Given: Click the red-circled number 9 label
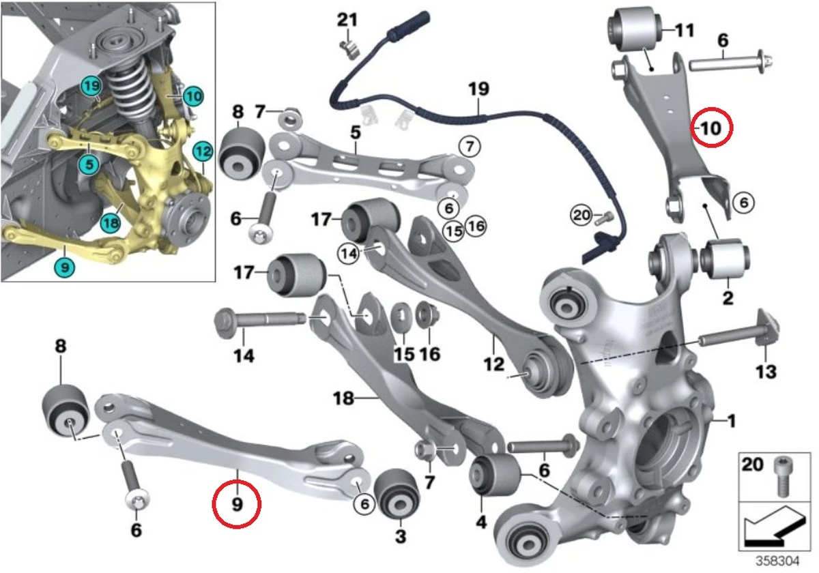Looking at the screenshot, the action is [x=238, y=504].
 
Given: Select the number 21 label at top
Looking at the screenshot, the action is [x=347, y=19].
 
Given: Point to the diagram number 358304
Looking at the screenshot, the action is [x=777, y=561].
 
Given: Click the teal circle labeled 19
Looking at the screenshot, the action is [x=91, y=86].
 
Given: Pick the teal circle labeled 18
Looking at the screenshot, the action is [x=111, y=222].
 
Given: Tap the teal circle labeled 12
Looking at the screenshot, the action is [x=203, y=151].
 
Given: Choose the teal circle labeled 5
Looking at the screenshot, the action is [x=89, y=164].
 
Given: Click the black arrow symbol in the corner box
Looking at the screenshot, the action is [x=775, y=527].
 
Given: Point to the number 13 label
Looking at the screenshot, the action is [x=766, y=372].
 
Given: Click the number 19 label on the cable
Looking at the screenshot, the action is [x=478, y=89].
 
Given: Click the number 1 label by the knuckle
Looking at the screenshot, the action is [x=731, y=421].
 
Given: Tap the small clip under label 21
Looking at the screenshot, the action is [x=349, y=49].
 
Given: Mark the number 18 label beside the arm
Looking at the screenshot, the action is [x=343, y=398].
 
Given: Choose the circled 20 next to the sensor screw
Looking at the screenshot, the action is [x=581, y=215].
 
